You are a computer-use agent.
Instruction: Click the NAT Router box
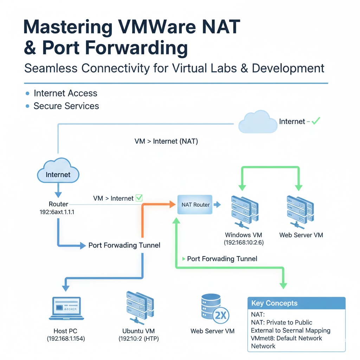[195, 205]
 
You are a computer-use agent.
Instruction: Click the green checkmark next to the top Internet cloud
[315, 121]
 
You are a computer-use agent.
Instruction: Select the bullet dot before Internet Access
[27, 94]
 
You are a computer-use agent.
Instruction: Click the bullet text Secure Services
[66, 106]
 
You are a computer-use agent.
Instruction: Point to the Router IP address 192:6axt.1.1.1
[59, 212]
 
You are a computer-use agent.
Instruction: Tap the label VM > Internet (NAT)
[166, 141]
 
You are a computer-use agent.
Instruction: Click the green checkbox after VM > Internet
[139, 198]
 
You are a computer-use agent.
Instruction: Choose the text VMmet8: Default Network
[287, 338]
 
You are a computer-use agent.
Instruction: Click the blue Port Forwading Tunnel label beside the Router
[124, 245]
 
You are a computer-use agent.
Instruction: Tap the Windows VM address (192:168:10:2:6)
[243, 243]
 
